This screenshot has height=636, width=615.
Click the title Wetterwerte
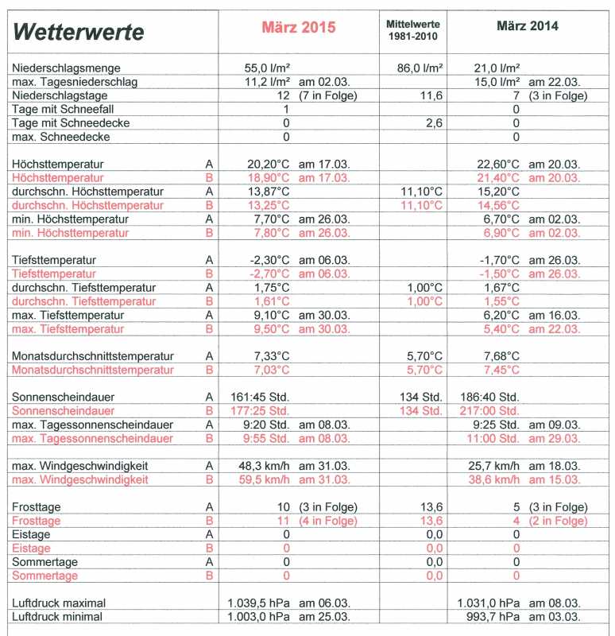[79, 31]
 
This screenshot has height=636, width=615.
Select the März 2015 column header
[300, 26]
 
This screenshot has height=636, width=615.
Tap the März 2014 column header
[528, 26]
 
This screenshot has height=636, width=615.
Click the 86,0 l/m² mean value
[420, 69]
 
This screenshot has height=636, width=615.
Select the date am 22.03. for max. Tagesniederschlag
[555, 83]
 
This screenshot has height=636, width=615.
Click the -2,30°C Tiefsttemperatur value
[270, 260]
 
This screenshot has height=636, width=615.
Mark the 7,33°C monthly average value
[273, 356]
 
